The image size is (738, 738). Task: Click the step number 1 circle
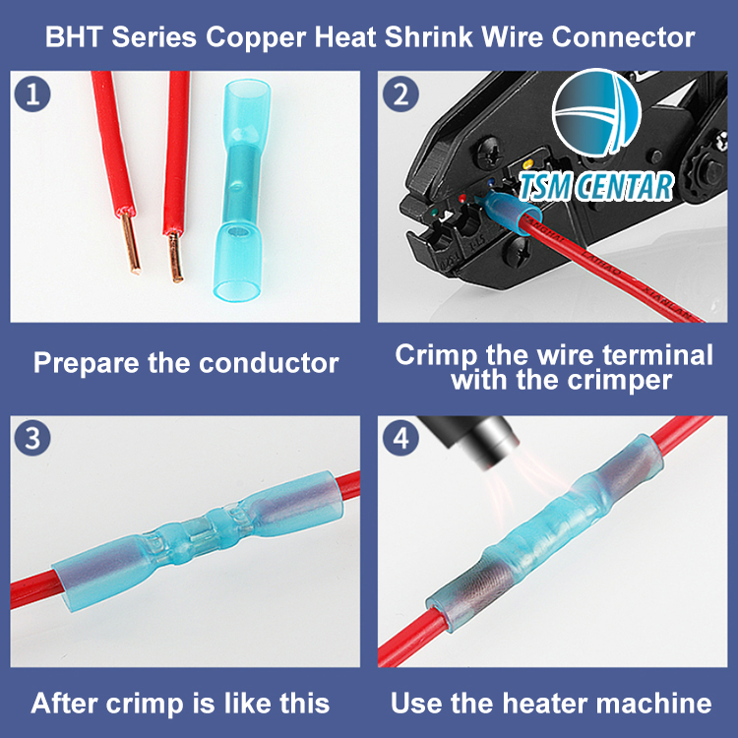[x=32, y=94]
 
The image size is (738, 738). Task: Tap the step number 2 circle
[x=400, y=94]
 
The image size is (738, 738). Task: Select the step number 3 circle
[x=32, y=438]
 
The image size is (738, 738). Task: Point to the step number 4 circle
[x=400, y=438]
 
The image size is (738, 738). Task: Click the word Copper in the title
[x=256, y=38]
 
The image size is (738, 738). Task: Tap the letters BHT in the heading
[x=74, y=36]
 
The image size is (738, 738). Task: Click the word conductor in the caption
[x=269, y=363]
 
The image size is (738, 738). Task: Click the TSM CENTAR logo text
[x=596, y=187]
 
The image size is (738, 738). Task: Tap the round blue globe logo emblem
[x=596, y=113]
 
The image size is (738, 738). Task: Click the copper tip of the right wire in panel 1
[x=175, y=258]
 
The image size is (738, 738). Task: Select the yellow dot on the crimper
[x=527, y=164]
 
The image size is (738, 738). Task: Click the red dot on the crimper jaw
[x=462, y=198]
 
